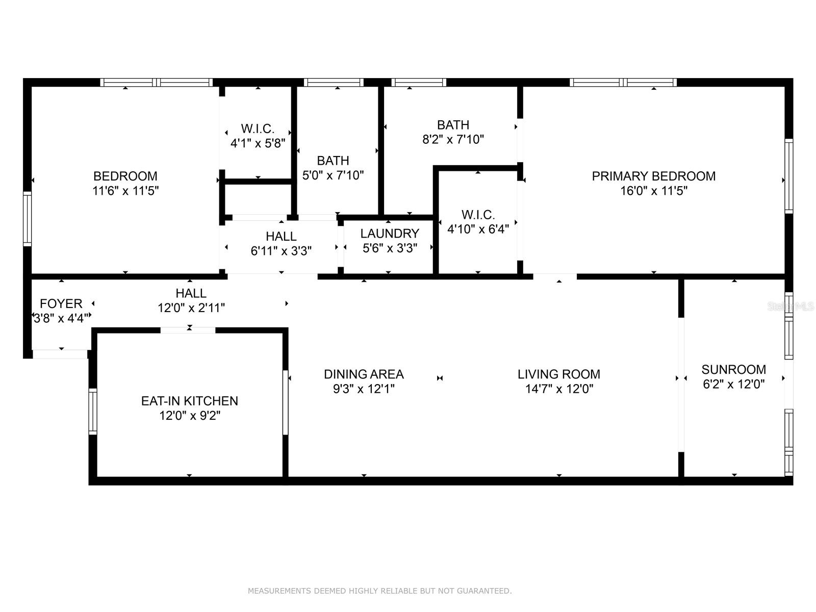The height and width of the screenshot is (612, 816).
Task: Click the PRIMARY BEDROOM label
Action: pos(653,176)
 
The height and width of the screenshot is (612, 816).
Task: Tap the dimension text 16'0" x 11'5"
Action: pos(653,191)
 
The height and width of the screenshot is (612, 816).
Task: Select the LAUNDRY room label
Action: pos(390,234)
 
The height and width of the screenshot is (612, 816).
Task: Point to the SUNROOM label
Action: pos(733,369)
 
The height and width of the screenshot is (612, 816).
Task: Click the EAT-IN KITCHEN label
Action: pos(190,401)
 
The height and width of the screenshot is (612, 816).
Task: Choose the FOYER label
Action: pos(61,303)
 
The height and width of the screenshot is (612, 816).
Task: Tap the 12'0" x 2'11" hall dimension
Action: pos(191,308)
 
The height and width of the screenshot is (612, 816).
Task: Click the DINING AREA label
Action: pos(364,374)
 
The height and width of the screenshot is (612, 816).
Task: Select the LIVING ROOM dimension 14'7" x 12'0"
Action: pos(559,389)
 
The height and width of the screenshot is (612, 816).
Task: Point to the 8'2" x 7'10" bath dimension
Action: pos(453,139)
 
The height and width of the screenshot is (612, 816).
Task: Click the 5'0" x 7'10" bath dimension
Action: pos(333,175)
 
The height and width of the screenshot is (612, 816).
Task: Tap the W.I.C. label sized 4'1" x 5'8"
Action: pos(258,129)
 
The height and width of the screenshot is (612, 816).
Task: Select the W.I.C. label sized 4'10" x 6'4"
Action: pos(478,215)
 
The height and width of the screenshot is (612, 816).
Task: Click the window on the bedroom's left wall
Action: pos(28,219)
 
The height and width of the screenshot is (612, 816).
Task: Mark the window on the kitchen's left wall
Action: pos(93,411)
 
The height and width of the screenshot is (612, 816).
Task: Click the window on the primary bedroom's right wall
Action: pos(788,176)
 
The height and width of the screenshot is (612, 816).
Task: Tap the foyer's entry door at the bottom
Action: pos(61,353)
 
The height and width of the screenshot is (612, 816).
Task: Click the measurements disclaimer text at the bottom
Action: pos(379,591)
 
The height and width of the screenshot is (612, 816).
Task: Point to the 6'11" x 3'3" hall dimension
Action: pos(281,251)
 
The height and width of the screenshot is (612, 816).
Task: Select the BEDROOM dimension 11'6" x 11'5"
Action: pos(125,191)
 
